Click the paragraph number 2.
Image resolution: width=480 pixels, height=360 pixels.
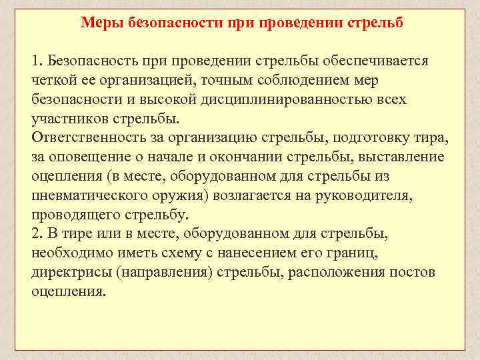[36, 235]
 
